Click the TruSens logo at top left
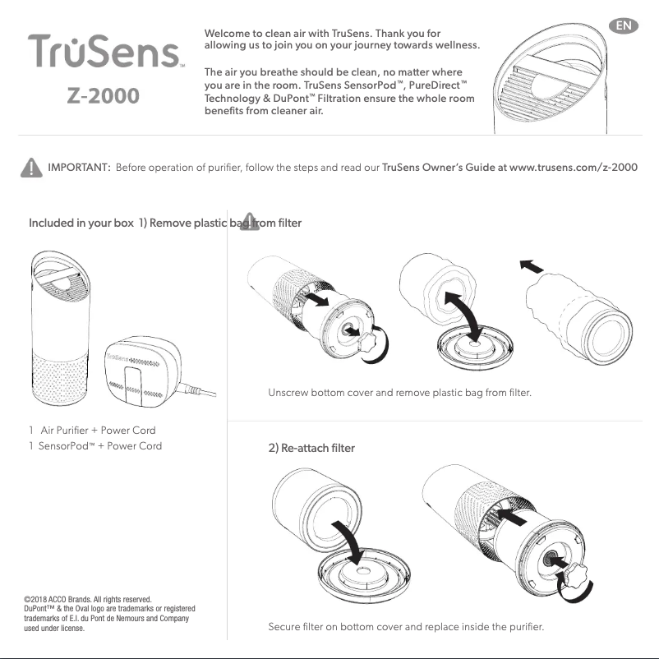tap(105, 52)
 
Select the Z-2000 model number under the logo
tap(104, 96)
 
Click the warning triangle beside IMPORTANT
tap(30, 168)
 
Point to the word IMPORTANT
tap(80, 168)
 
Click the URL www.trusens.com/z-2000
tap(574, 168)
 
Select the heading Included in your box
tap(81, 224)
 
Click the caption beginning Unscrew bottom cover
tap(399, 393)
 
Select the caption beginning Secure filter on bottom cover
tap(406, 628)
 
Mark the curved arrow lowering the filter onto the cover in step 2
tap(356, 538)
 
